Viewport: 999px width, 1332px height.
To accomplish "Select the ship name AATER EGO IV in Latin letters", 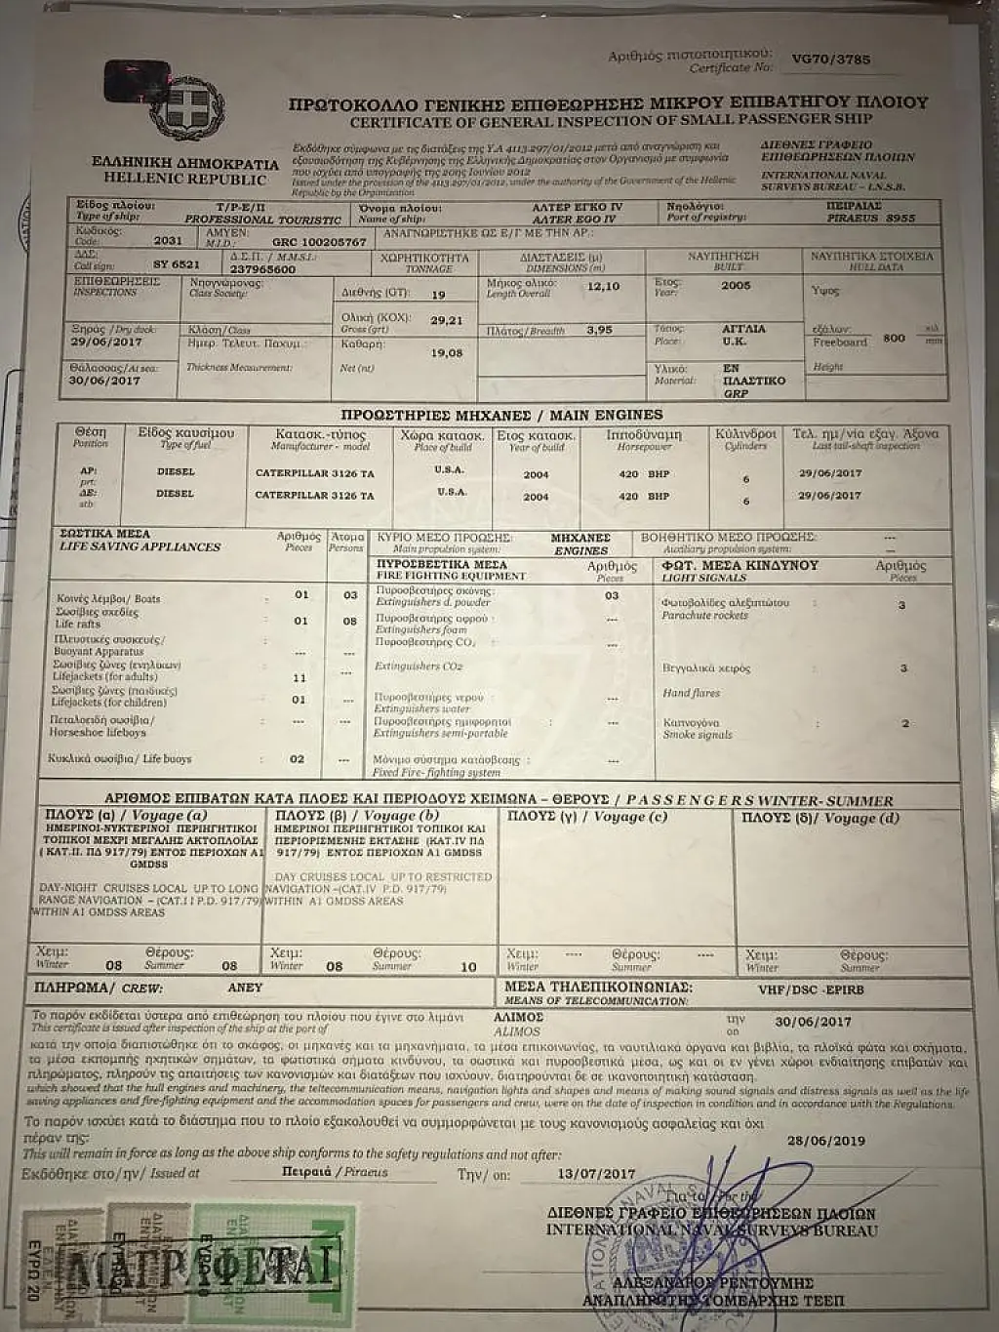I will click(x=577, y=220).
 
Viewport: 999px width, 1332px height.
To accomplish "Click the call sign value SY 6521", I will click(x=177, y=264).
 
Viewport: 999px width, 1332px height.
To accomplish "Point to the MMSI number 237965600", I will click(x=263, y=269).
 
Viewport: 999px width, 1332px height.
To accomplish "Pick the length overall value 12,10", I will click(x=603, y=287).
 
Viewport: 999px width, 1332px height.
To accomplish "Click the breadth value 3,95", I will click(x=600, y=330).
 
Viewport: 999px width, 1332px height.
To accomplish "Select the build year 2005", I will click(x=737, y=286).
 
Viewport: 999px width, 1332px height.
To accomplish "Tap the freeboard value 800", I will click(x=894, y=338).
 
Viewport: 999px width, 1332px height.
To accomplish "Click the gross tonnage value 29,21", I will click(x=446, y=320).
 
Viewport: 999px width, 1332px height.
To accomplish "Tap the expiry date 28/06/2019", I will click(x=825, y=1140).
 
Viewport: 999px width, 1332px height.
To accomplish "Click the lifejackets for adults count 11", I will click(x=300, y=677).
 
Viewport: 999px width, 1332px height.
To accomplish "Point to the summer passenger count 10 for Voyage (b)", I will click(x=468, y=967).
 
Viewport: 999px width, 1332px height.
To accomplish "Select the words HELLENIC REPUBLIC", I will click(x=184, y=179).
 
